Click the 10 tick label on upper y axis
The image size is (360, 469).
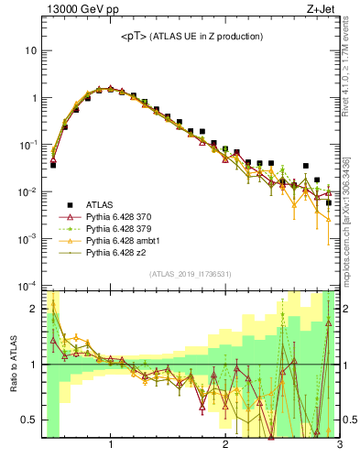pyautogui.click(x=30, y=50)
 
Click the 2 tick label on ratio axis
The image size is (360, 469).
pyautogui.click(x=35, y=308)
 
